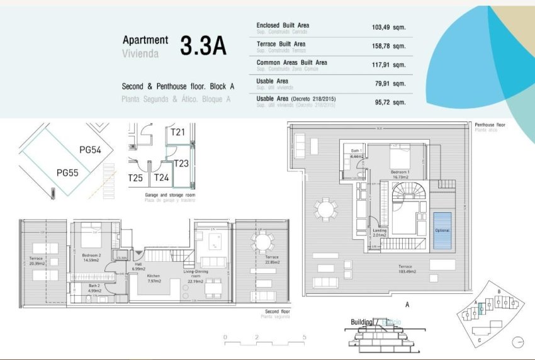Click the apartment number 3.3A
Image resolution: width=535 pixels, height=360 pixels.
coord(203,46)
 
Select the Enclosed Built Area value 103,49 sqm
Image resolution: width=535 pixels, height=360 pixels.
coord(388,28)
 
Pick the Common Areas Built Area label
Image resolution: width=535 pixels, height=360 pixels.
coord(291,63)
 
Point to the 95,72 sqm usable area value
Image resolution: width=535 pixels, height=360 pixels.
coord(388,101)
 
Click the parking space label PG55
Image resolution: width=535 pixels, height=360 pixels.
coord(67,172)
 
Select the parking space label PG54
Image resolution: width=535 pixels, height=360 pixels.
coord(90,149)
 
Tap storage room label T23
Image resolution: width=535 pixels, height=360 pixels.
coord(181,163)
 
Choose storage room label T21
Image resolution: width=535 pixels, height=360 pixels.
coord(177,132)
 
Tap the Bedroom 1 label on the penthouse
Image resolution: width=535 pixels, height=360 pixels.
coord(401,173)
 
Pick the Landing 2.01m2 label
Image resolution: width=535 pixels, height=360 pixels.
coord(380,233)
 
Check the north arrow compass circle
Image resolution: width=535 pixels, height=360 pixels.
coord(517,342)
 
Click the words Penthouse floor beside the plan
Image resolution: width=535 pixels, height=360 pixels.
coord(489,125)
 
